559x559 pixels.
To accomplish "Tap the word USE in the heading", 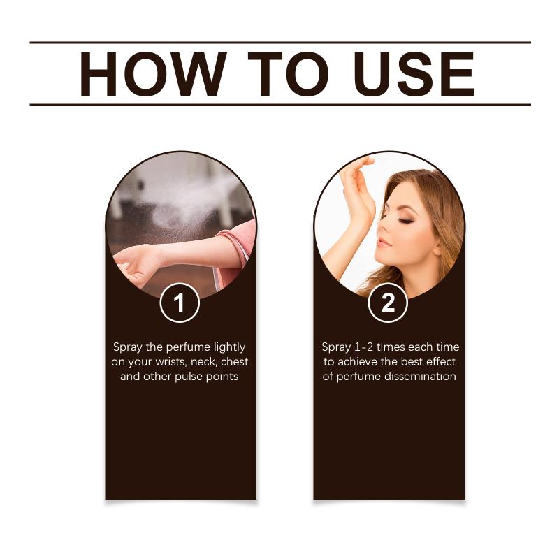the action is (414, 74).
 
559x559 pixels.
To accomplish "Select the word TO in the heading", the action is (288, 74).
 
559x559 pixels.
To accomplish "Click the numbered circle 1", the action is (180, 303).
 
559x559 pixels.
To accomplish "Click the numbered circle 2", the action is (388, 303).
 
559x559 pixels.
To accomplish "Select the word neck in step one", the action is (204, 362).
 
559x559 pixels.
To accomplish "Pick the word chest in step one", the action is (234, 362).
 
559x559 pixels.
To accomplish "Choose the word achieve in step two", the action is (357, 362).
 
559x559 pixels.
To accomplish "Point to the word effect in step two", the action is (441, 362).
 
